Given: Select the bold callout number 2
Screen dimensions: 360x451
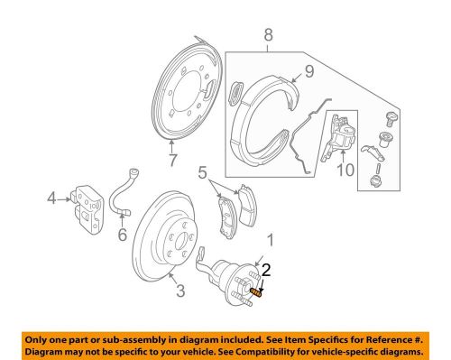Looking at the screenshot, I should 265,268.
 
